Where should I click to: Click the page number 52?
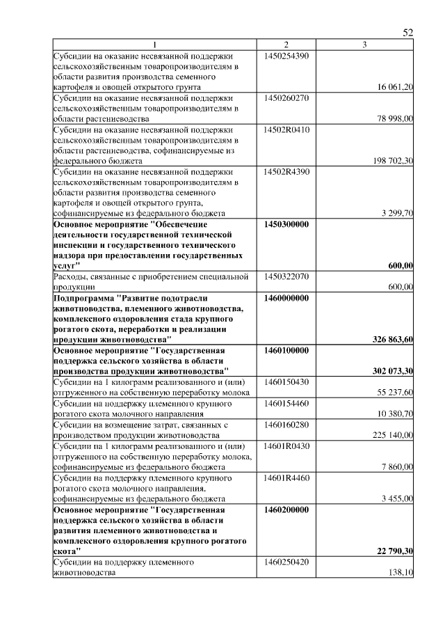(408, 33)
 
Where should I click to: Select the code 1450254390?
(286, 55)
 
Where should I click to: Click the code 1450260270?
(286, 98)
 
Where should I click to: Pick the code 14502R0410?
(286, 129)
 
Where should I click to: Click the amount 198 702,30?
(394, 162)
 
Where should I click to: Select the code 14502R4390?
(286, 172)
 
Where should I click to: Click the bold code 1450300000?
(286, 225)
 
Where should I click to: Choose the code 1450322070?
(286, 277)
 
